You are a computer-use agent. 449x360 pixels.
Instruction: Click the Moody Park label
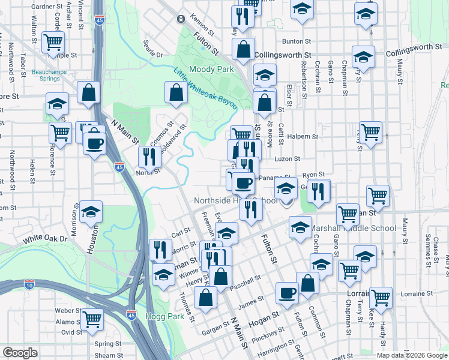point(211,70)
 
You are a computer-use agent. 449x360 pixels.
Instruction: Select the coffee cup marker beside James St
point(287,293)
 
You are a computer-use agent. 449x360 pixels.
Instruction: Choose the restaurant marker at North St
point(149,157)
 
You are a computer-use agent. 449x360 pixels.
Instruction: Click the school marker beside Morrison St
point(91,212)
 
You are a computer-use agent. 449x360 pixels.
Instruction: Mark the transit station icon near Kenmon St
point(180,19)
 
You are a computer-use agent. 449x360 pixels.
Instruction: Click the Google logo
point(20,353)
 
